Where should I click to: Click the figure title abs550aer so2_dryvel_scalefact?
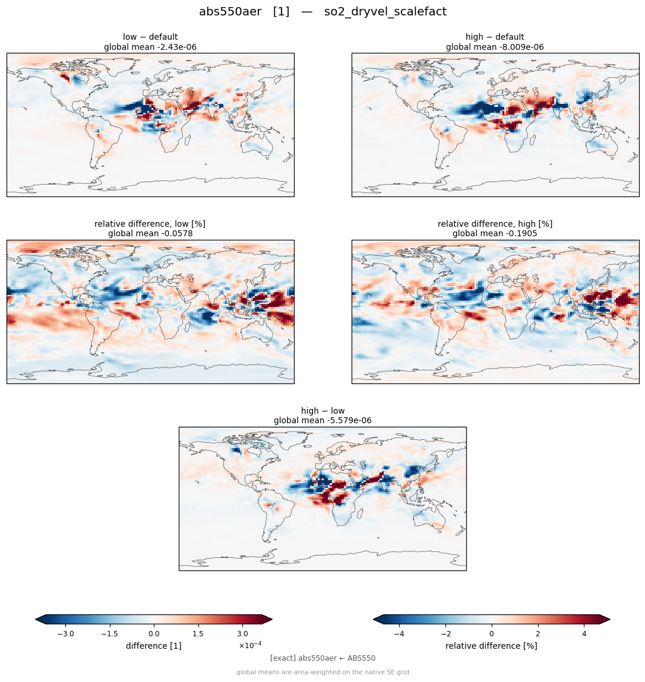[322, 12]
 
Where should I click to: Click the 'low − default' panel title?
[150, 37]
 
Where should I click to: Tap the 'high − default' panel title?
[495, 37]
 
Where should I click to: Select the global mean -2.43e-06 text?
[150, 47]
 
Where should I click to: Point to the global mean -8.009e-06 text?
[495, 47]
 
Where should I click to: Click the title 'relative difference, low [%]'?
[150, 224]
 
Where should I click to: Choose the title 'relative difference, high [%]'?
[495, 224]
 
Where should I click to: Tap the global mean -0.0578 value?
[150, 234]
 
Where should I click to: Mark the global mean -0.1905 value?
[495, 234]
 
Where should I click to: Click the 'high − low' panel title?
[322, 411]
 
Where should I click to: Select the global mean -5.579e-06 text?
[322, 421]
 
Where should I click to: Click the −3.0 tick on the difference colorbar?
[65, 634]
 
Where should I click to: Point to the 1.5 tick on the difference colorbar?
[198, 634]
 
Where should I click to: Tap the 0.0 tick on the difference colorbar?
[154, 634]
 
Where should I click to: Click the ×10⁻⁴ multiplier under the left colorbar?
[250, 645]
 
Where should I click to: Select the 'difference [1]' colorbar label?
[154, 646]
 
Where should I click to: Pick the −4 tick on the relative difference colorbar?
[399, 634]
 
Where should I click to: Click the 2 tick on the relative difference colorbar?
[538, 634]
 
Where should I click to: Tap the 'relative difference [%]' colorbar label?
[491, 646]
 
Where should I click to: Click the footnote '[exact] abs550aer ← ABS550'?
[322, 658]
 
